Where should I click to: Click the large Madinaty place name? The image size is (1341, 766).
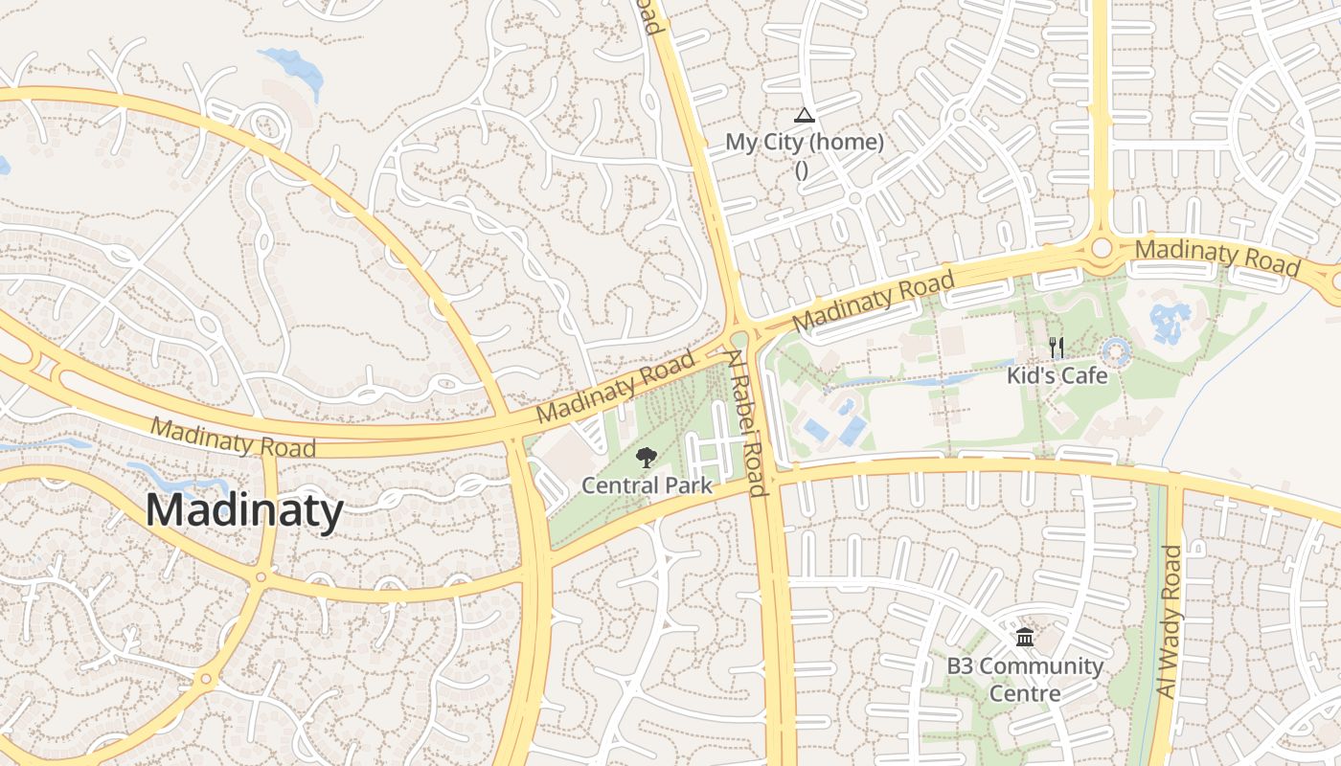(244, 510)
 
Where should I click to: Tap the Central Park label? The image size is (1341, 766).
(648, 485)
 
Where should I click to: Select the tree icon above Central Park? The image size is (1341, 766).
(648, 457)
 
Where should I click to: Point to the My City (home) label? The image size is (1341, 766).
(804, 143)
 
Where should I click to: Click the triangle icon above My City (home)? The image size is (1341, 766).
(804, 116)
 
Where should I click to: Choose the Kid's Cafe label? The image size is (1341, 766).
(1057, 375)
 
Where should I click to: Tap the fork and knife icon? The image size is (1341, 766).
(1057, 348)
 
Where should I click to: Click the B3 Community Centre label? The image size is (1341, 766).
(1025, 679)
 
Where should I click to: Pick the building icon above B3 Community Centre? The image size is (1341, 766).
(1025, 637)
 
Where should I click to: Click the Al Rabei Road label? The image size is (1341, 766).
(745, 422)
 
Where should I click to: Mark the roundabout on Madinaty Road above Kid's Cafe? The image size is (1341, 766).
(1101, 248)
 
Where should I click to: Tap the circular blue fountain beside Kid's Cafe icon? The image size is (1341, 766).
(1116, 352)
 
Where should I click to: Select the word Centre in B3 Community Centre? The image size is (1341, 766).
(1025, 693)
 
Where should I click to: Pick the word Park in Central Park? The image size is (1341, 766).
(688, 485)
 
